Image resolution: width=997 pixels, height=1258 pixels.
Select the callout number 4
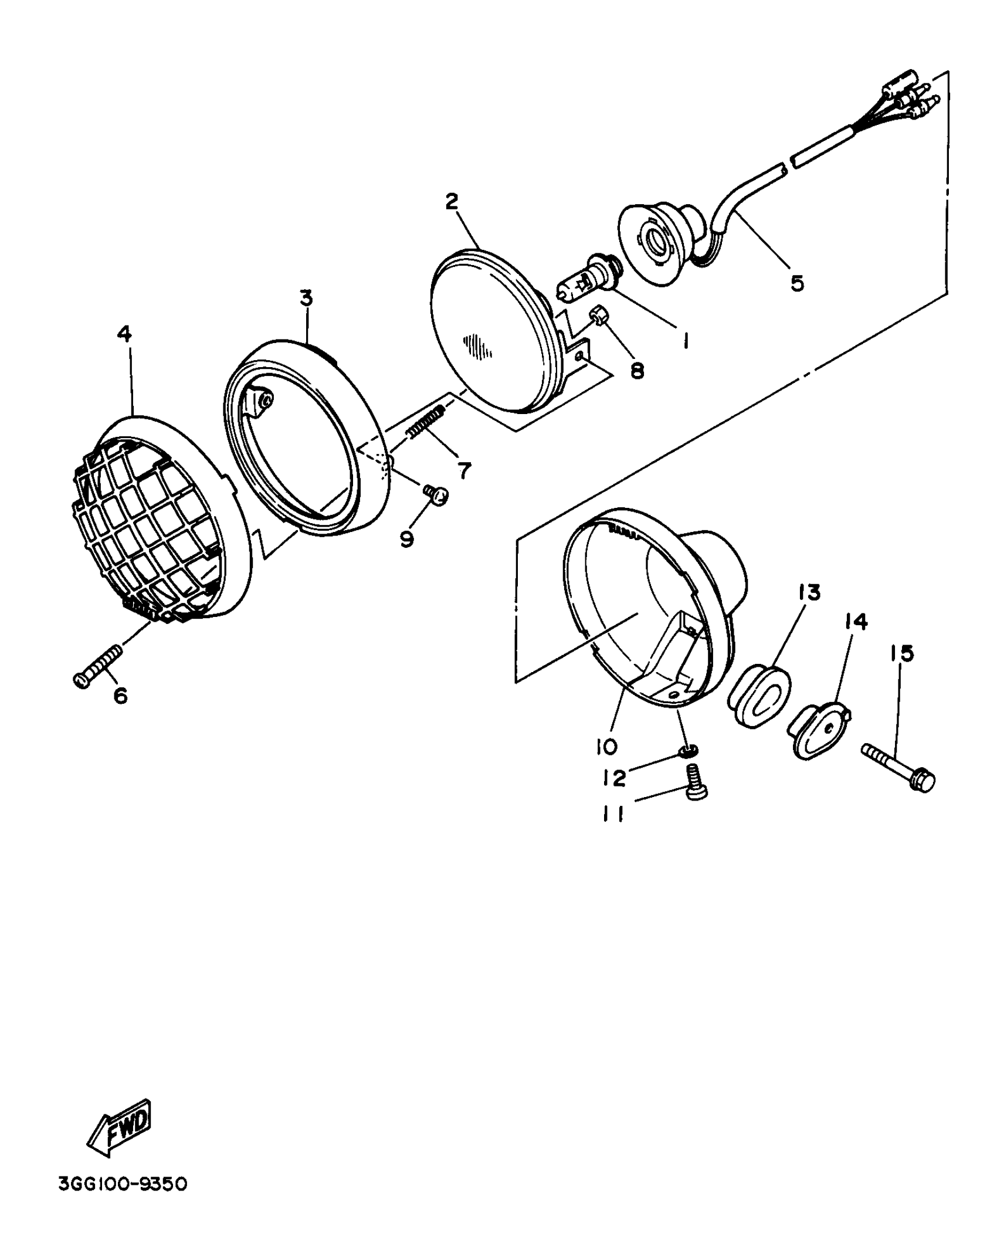124,334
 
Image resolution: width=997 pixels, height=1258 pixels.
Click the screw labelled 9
436,494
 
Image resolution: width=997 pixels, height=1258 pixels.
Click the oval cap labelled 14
819,731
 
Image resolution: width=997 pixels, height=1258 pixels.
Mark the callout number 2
452,201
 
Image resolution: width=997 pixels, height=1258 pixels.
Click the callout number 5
797,283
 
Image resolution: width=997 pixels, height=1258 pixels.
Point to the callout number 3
306,298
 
